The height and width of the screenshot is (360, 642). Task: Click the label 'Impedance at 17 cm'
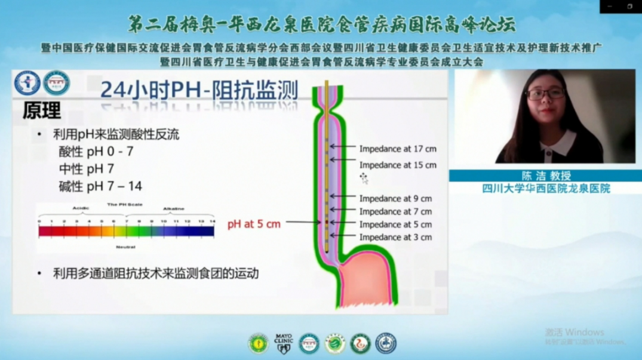(x=398, y=147)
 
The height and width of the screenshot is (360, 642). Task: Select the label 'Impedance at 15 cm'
(x=398, y=165)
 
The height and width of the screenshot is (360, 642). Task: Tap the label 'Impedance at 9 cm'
(x=395, y=198)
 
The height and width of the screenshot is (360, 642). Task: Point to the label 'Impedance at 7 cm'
(x=395, y=211)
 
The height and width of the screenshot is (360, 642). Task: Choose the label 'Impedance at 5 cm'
(x=395, y=224)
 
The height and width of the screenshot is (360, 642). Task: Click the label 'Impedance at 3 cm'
(x=395, y=237)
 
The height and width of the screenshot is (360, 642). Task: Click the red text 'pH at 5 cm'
(x=254, y=224)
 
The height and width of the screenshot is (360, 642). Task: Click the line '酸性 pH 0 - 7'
(x=96, y=152)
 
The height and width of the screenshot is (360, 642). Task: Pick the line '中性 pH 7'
(x=86, y=169)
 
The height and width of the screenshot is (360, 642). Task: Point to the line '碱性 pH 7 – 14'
(x=100, y=186)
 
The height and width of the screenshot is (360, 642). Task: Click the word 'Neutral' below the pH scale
(x=126, y=246)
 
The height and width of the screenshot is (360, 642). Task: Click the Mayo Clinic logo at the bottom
(x=283, y=343)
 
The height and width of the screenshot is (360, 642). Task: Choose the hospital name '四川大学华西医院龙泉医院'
(x=546, y=189)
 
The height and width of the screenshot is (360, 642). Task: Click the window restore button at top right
(x=629, y=6)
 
